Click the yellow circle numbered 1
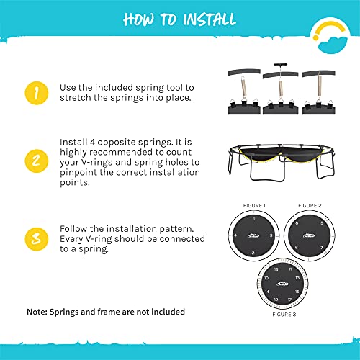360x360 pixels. point(37,93)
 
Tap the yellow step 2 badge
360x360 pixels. point(37,161)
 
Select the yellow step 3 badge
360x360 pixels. point(37,239)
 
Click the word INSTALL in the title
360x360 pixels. point(210,19)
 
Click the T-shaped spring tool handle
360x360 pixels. point(280,65)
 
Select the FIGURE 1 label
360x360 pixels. point(254,206)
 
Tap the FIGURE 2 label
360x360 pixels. point(310,206)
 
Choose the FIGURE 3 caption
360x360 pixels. point(284,315)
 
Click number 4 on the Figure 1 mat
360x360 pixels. point(235,235)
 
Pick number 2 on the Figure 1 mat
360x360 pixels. point(253,253)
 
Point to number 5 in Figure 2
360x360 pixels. point(322,223)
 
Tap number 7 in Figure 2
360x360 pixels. point(322,248)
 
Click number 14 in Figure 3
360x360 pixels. point(267,292)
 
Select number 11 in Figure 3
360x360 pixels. point(290,269)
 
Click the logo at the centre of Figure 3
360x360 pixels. point(282,284)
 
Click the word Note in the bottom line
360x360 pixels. point(37,312)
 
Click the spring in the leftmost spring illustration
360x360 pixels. point(243,89)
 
